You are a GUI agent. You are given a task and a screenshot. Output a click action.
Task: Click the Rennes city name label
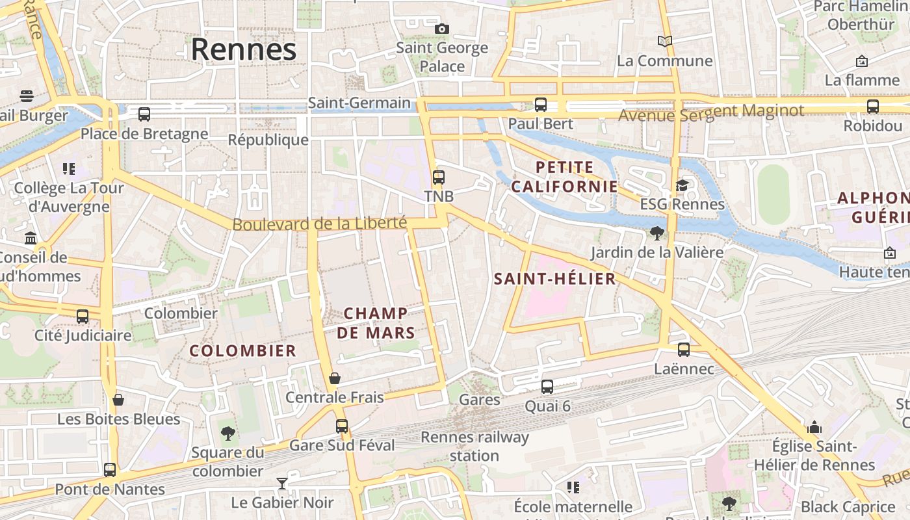(243, 49)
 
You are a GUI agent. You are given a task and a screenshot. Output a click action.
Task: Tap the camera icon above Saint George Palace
(442, 29)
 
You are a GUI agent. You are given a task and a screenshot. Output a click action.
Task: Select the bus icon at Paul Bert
(540, 105)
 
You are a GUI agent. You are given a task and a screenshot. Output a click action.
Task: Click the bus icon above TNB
(439, 177)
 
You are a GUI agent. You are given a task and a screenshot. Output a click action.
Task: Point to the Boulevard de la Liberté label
(319, 224)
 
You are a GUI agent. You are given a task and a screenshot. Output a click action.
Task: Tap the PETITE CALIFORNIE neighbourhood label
(564, 177)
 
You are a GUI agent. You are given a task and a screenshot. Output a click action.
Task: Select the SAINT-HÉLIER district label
(554, 279)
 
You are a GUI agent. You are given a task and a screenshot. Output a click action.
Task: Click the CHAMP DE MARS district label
(376, 323)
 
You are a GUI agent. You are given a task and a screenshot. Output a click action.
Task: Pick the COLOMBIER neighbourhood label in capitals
(242, 351)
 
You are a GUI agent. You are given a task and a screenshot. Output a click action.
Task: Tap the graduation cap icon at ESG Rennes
(682, 186)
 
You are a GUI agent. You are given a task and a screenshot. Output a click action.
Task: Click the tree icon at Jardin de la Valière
(657, 233)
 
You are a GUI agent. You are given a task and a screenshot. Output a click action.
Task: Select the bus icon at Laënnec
(684, 350)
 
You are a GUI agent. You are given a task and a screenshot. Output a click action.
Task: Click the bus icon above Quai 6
(547, 387)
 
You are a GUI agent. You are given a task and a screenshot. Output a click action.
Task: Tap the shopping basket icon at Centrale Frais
(335, 378)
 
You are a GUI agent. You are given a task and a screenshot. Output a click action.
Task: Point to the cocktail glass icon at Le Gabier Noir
(282, 483)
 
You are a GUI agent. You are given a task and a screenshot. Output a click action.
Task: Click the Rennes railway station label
(474, 446)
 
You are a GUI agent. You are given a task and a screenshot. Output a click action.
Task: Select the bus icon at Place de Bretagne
(144, 114)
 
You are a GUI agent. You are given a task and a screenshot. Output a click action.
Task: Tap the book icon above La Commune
(664, 42)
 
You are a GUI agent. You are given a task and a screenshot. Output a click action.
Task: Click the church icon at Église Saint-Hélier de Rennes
(814, 427)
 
